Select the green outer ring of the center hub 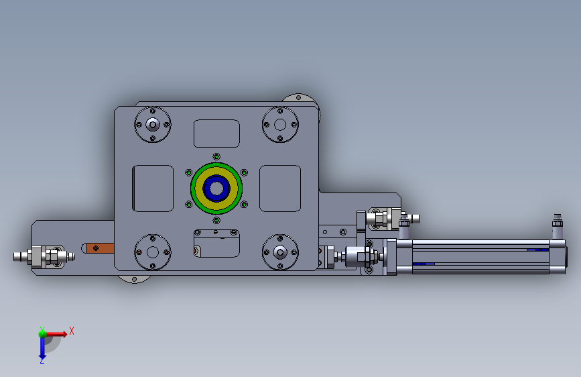(x=216, y=165)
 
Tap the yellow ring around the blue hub (x=216, y=170)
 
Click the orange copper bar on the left (x=100, y=248)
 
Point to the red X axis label (x=72, y=331)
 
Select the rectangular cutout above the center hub (x=216, y=133)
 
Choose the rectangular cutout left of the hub (x=153, y=188)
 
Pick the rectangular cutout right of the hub (x=280, y=188)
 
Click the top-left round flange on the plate (x=153, y=125)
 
